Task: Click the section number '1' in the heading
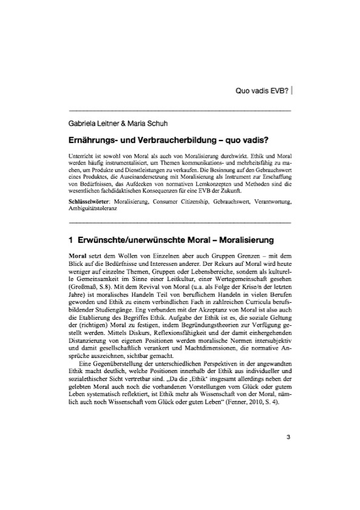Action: click(72, 222)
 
